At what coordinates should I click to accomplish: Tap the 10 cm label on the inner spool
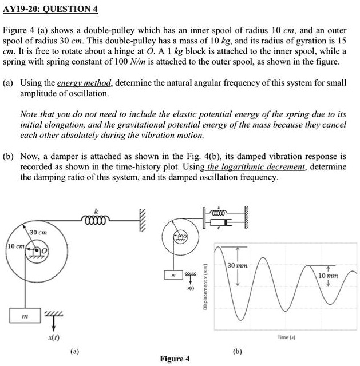[x=14, y=246]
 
